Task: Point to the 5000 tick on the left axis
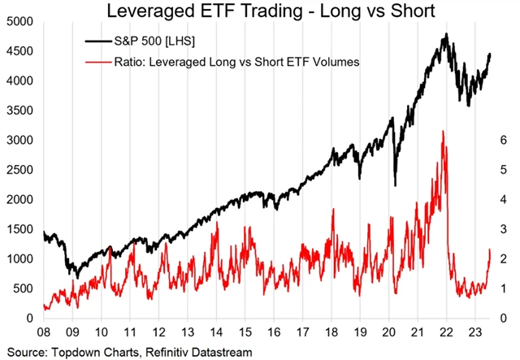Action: [x=17, y=22]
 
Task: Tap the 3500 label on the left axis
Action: [x=17, y=111]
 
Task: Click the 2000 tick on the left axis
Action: [x=17, y=200]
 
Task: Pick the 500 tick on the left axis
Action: [x=19, y=288]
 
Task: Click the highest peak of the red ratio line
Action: [x=442, y=131]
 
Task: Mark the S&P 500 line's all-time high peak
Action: [x=445, y=34]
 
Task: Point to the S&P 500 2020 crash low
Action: [x=395, y=185]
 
